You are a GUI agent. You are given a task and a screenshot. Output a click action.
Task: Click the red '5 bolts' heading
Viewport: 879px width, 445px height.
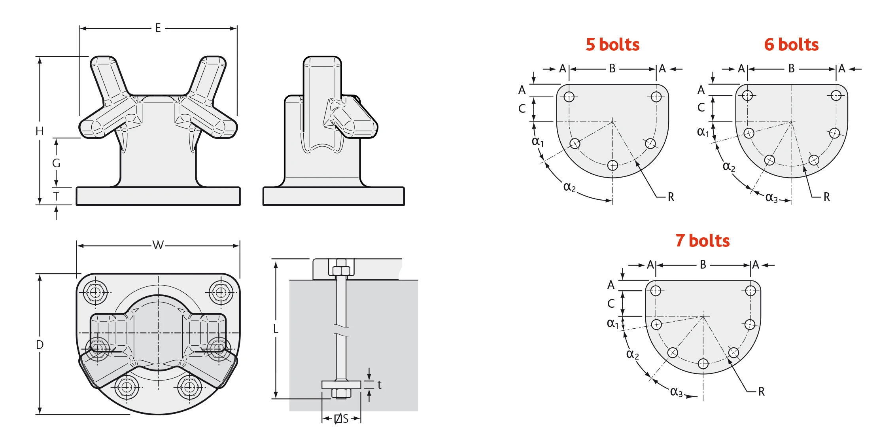point(612,44)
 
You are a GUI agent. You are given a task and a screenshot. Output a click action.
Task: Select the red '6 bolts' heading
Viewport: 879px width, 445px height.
point(791,44)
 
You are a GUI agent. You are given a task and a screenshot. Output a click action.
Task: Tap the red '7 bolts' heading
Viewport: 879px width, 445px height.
point(702,240)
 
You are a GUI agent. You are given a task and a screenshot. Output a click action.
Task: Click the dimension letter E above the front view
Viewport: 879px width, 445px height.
point(158,28)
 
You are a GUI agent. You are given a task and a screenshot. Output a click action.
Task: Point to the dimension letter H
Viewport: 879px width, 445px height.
point(40,131)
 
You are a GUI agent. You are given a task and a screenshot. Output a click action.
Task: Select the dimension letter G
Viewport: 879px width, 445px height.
point(56,163)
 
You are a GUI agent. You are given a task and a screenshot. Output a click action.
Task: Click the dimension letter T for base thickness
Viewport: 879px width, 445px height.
point(56,196)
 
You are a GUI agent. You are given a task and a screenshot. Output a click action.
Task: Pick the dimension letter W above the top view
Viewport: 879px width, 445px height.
point(158,245)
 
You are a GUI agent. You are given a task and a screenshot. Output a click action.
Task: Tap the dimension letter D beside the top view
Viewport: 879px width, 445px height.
point(40,345)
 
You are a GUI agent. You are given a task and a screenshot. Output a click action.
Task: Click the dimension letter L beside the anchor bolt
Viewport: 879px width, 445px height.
point(276,329)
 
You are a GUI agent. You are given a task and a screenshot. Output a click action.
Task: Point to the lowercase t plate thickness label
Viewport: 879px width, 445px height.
point(379,385)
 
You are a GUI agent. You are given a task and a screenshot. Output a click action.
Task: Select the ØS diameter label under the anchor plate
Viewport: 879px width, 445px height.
point(341,418)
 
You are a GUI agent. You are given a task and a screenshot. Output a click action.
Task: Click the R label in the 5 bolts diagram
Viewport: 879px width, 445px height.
point(671,197)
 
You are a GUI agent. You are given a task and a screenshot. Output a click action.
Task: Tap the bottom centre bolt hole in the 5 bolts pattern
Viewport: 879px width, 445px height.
point(612,165)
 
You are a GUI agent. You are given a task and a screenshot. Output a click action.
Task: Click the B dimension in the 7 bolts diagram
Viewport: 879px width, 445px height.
point(703,265)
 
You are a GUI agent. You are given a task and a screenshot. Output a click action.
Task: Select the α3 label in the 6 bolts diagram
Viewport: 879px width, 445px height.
point(771,197)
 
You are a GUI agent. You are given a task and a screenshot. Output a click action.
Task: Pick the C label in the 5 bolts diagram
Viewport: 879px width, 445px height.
point(522,109)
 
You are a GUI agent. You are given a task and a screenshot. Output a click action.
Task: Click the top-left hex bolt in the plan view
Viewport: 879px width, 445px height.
point(95,292)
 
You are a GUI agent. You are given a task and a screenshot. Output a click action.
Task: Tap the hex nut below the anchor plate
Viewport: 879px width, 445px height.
point(341,393)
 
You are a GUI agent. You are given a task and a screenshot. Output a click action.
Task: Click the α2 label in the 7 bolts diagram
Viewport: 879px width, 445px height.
point(632,354)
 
